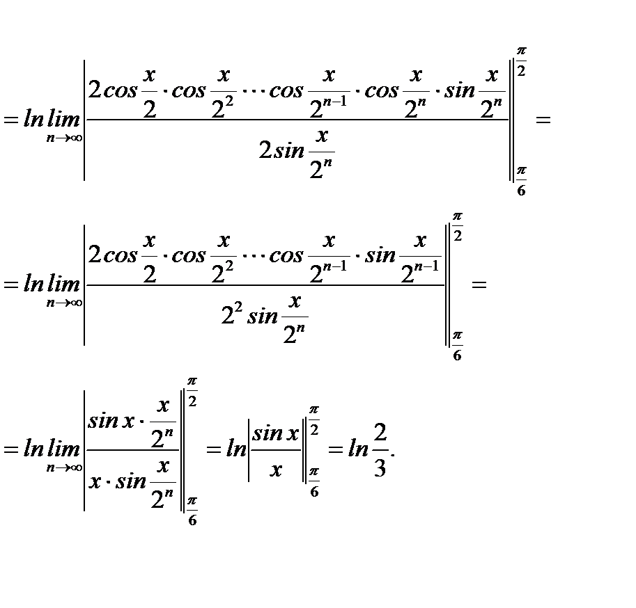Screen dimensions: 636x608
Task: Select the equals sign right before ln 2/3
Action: tap(336, 449)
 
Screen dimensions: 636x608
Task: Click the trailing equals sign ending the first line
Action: tap(543, 120)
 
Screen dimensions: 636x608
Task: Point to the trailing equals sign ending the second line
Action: tap(478, 285)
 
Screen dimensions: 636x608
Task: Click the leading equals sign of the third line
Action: tap(10, 449)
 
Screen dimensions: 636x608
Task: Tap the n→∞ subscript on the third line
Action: tap(64, 468)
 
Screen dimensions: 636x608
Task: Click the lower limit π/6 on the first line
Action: tap(520, 181)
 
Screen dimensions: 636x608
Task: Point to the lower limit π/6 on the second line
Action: tap(457, 346)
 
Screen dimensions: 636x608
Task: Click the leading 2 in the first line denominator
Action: tap(265, 151)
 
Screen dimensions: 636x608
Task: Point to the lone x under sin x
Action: tap(276, 470)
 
